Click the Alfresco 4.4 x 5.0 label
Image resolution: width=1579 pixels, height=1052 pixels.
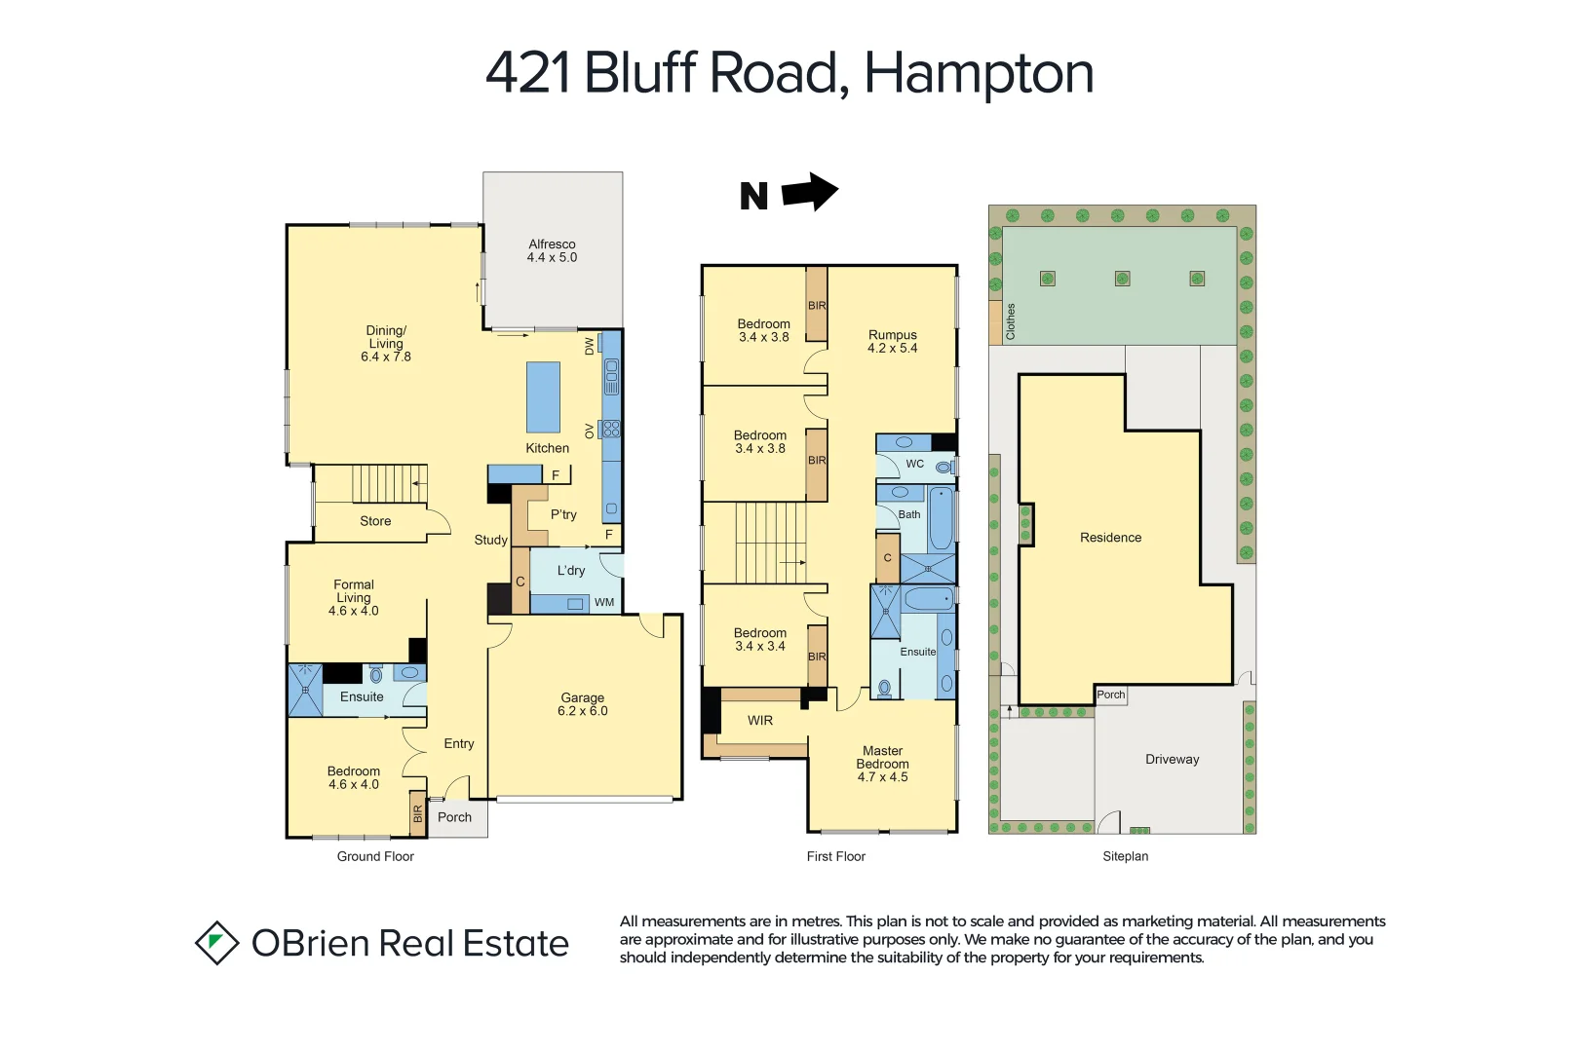(552, 251)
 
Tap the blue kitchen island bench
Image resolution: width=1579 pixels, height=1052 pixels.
(544, 396)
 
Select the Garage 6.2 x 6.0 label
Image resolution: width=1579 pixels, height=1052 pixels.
(582, 704)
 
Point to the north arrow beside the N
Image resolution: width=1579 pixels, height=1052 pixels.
(810, 192)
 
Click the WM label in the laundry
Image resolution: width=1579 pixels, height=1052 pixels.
(604, 603)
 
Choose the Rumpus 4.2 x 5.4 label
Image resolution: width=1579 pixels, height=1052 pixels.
(892, 341)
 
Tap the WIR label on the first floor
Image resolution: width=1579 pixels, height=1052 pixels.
(760, 721)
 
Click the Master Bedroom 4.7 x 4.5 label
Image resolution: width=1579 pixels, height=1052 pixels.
(882, 764)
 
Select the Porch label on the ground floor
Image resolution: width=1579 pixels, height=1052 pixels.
(454, 817)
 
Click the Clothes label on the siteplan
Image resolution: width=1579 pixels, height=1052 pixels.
(1011, 321)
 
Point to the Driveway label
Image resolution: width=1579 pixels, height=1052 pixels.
(1172, 760)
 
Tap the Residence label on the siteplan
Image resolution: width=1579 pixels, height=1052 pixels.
(1110, 538)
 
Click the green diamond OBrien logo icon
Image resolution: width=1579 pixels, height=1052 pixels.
(216, 943)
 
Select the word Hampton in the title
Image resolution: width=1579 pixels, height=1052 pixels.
(979, 73)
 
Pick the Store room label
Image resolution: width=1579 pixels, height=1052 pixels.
(375, 521)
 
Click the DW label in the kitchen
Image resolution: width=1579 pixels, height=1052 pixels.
(589, 347)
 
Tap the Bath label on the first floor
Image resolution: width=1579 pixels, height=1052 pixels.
(909, 514)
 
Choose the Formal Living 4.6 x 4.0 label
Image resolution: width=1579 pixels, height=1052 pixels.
(354, 597)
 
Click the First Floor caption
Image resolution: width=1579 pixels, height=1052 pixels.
(835, 856)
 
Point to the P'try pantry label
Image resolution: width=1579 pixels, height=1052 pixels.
(563, 514)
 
